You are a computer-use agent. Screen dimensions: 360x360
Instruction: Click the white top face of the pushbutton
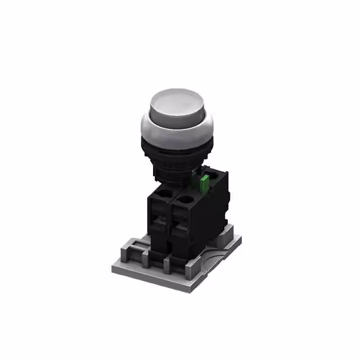coord(176,105)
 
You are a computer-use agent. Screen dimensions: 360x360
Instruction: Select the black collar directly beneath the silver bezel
coord(176,147)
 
